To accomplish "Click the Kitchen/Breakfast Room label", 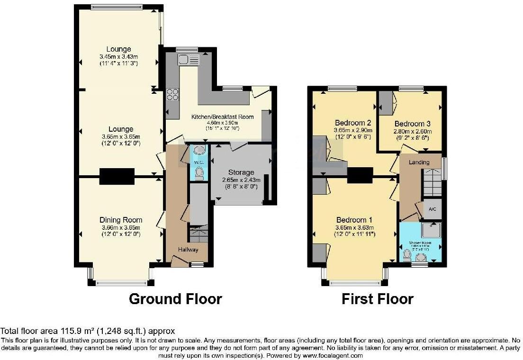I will pyautogui.click(x=222, y=117).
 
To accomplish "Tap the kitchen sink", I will pyautogui.click(x=189, y=60).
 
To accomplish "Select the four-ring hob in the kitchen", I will pyautogui.click(x=172, y=94).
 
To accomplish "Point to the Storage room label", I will pyautogui.click(x=241, y=172).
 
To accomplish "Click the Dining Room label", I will pyautogui.click(x=121, y=220).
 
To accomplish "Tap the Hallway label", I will pyautogui.click(x=188, y=250).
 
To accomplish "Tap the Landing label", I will pyautogui.click(x=419, y=162).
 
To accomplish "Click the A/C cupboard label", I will pyautogui.click(x=432, y=209).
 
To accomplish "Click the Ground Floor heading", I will pyautogui.click(x=175, y=299).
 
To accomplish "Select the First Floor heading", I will pyautogui.click(x=378, y=299).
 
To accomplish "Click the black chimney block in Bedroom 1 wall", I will pyautogui.click(x=360, y=176).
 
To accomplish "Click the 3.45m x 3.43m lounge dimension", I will pyautogui.click(x=119, y=56).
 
